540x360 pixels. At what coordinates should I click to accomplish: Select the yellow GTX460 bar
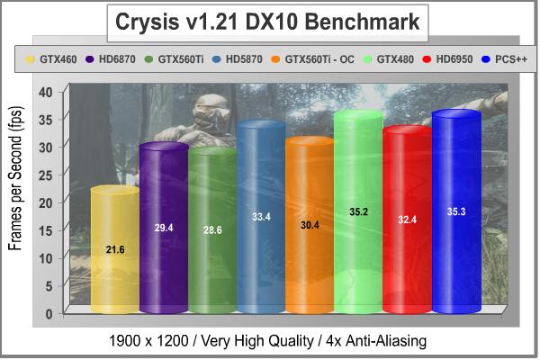[115, 261]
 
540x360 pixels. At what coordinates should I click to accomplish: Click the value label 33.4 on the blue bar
[261, 217]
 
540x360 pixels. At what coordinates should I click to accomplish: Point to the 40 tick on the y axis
[46, 91]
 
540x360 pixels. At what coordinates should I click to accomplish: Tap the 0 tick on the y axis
[49, 312]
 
